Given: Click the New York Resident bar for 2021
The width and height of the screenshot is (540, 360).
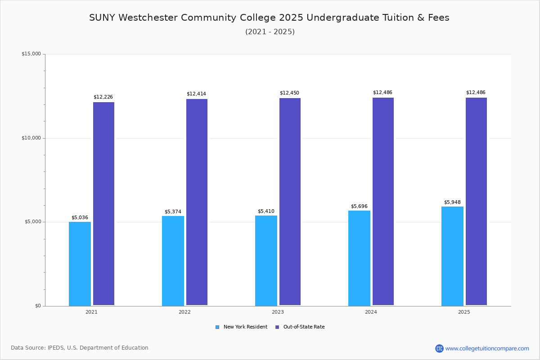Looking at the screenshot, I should click(80, 264).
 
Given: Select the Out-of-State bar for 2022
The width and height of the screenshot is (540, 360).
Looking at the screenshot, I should click(197, 202).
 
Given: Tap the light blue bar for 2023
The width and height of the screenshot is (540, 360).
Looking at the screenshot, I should click(266, 261).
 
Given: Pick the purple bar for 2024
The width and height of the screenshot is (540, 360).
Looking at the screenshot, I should click(383, 202).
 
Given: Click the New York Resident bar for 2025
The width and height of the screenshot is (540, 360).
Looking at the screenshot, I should click(452, 256).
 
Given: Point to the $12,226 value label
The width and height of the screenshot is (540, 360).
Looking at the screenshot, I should click(103, 97).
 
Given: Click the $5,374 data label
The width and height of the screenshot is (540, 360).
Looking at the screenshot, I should click(173, 212).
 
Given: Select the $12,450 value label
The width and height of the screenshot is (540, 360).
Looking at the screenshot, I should click(289, 93).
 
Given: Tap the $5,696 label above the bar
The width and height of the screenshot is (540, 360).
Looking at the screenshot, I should click(359, 207).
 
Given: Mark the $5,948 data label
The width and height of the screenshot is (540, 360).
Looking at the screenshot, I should click(452, 202).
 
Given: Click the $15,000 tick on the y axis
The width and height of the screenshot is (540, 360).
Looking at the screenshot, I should click(31, 54).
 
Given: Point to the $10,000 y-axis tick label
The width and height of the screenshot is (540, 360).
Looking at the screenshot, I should click(31, 138).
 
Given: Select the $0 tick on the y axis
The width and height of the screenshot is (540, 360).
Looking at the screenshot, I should click(38, 306).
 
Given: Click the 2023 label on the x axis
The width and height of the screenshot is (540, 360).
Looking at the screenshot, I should click(278, 312).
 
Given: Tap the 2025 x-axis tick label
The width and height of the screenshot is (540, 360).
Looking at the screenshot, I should click(464, 312).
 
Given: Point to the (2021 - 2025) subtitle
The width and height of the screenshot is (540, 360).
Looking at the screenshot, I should click(270, 32).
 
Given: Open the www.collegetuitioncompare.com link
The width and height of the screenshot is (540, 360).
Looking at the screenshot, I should click(487, 348).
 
